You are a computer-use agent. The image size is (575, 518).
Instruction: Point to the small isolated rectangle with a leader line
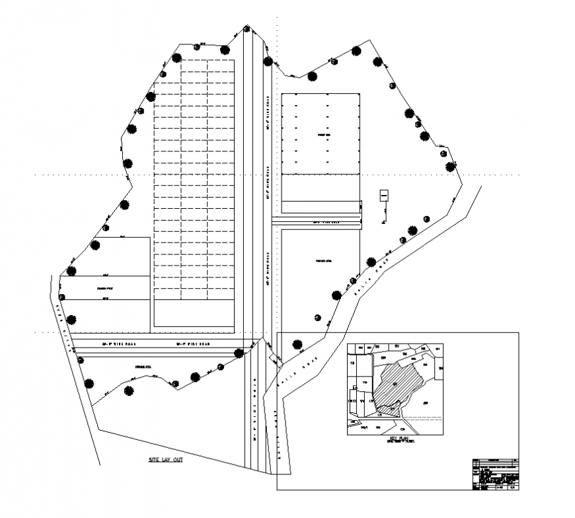click(383, 196)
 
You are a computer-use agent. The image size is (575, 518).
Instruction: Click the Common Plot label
click(105, 288)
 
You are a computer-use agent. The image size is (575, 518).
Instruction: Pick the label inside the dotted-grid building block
click(323, 135)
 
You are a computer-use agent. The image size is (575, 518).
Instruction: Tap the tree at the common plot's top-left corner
click(71, 271)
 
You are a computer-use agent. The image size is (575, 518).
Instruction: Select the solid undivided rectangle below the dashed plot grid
click(194, 314)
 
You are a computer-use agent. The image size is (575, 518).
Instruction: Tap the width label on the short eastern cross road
click(324, 223)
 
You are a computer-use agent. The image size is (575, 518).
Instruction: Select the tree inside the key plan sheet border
click(297, 344)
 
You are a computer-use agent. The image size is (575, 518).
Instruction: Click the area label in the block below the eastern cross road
click(323, 262)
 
